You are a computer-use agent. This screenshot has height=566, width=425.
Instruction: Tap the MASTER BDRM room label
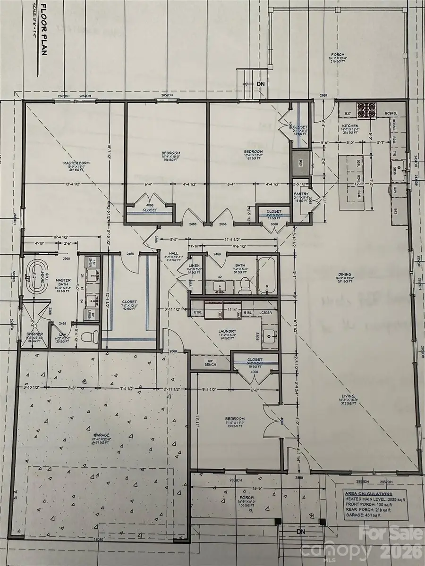click(x=76, y=163)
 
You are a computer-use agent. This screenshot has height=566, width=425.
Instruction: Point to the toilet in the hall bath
click(x=245, y=285)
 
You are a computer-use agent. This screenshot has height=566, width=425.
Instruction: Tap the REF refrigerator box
click(x=299, y=163)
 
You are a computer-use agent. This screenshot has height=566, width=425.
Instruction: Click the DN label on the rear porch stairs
click(x=261, y=83)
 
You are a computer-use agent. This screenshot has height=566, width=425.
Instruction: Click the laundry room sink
click(x=271, y=337)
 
